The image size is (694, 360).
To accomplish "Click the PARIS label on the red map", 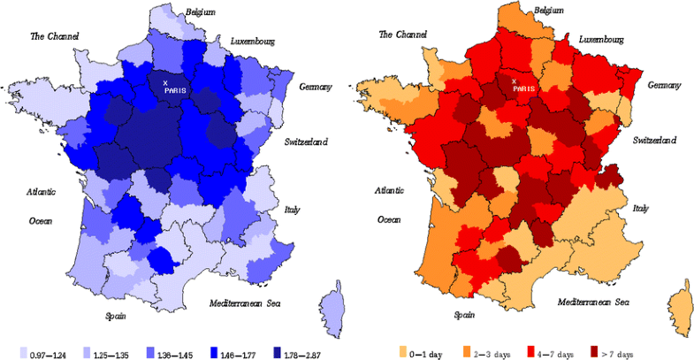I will pyautogui.click(x=522, y=88).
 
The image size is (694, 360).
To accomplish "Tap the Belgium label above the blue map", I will pyautogui.click(x=200, y=11).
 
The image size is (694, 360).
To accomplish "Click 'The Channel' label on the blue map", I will pyautogui.click(x=55, y=36).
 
